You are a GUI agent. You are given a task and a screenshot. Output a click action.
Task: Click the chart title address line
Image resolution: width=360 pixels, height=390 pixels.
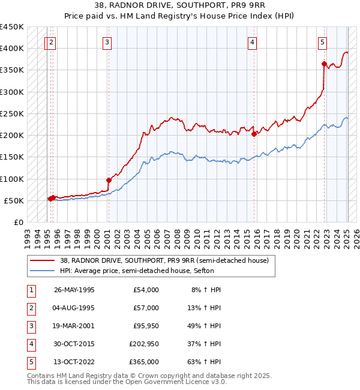180,5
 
